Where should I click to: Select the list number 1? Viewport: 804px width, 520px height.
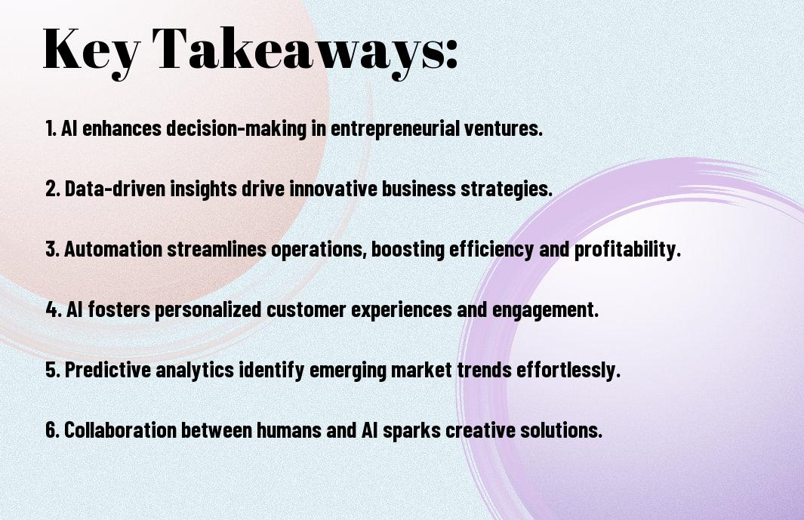51,128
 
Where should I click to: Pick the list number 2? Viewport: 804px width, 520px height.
52,189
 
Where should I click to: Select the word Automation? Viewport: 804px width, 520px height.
113,249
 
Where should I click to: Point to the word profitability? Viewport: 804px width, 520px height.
627,249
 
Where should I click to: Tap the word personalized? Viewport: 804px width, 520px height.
208,309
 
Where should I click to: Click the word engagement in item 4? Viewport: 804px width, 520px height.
545,309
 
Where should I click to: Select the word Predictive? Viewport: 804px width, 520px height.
108,370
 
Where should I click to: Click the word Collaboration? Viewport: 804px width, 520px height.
120,429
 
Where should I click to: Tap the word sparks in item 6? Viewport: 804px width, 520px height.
411,430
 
